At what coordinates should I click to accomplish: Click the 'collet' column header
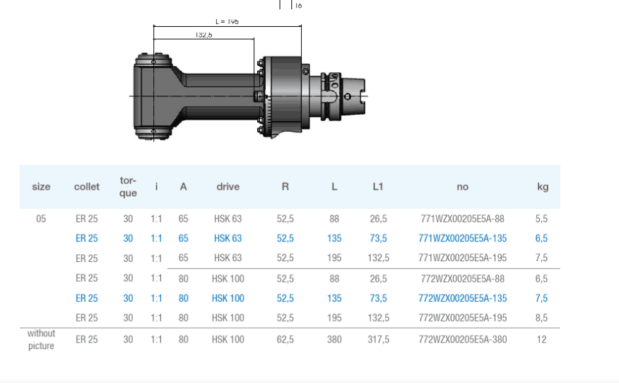pyautogui.click(x=87, y=187)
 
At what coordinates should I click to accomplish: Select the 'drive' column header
pyautogui.click(x=228, y=187)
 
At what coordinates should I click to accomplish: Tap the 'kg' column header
pyautogui.click(x=543, y=187)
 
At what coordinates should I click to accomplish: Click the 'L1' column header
pyautogui.click(x=378, y=187)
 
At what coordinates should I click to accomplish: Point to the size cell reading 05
pyautogui.click(x=41, y=219)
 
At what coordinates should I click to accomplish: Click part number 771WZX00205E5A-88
pyautogui.click(x=463, y=219)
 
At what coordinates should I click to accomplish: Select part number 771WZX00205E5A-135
pyautogui.click(x=463, y=238)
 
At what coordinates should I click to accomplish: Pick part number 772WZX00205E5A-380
pyautogui.click(x=463, y=339)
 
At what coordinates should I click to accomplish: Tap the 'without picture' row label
pyautogui.click(x=41, y=339)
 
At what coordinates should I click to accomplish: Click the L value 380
pyautogui.click(x=334, y=339)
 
